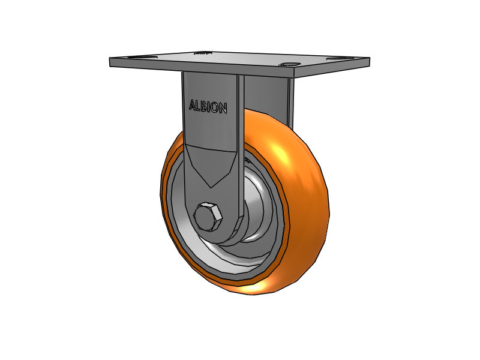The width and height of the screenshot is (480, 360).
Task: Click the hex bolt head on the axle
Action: [208, 217]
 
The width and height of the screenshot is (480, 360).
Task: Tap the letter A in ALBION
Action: [193, 105]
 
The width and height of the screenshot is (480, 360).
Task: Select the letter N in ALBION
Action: [223, 109]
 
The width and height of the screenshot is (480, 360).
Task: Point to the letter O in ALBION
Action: [214, 107]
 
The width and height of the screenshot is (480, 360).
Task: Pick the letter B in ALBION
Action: [203, 106]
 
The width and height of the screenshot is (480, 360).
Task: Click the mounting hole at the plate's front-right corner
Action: [289, 64]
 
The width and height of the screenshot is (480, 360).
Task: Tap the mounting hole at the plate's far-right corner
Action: [337, 58]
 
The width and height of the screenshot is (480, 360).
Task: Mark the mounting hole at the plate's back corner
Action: [203, 53]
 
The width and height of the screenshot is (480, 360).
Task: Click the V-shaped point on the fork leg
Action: [212, 186]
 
